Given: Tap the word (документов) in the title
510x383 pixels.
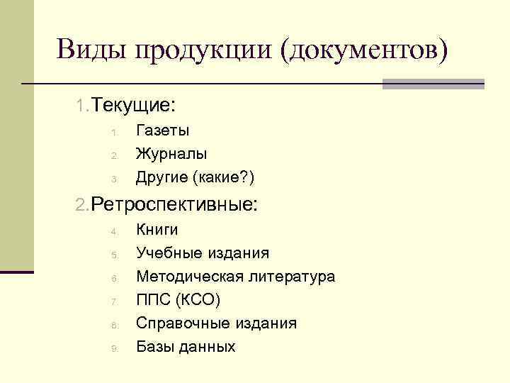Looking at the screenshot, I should (364, 51).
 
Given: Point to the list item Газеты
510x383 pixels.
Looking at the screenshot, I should (162, 131).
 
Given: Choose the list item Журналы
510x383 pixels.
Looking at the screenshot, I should (171, 153).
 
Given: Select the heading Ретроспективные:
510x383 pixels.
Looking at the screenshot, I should (174, 205).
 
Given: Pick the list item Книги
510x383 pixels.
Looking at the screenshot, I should (157, 230).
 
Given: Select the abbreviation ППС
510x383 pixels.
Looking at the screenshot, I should (152, 300).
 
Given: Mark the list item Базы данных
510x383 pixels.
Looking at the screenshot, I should (185, 347).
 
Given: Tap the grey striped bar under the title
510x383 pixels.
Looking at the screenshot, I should (433, 84).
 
